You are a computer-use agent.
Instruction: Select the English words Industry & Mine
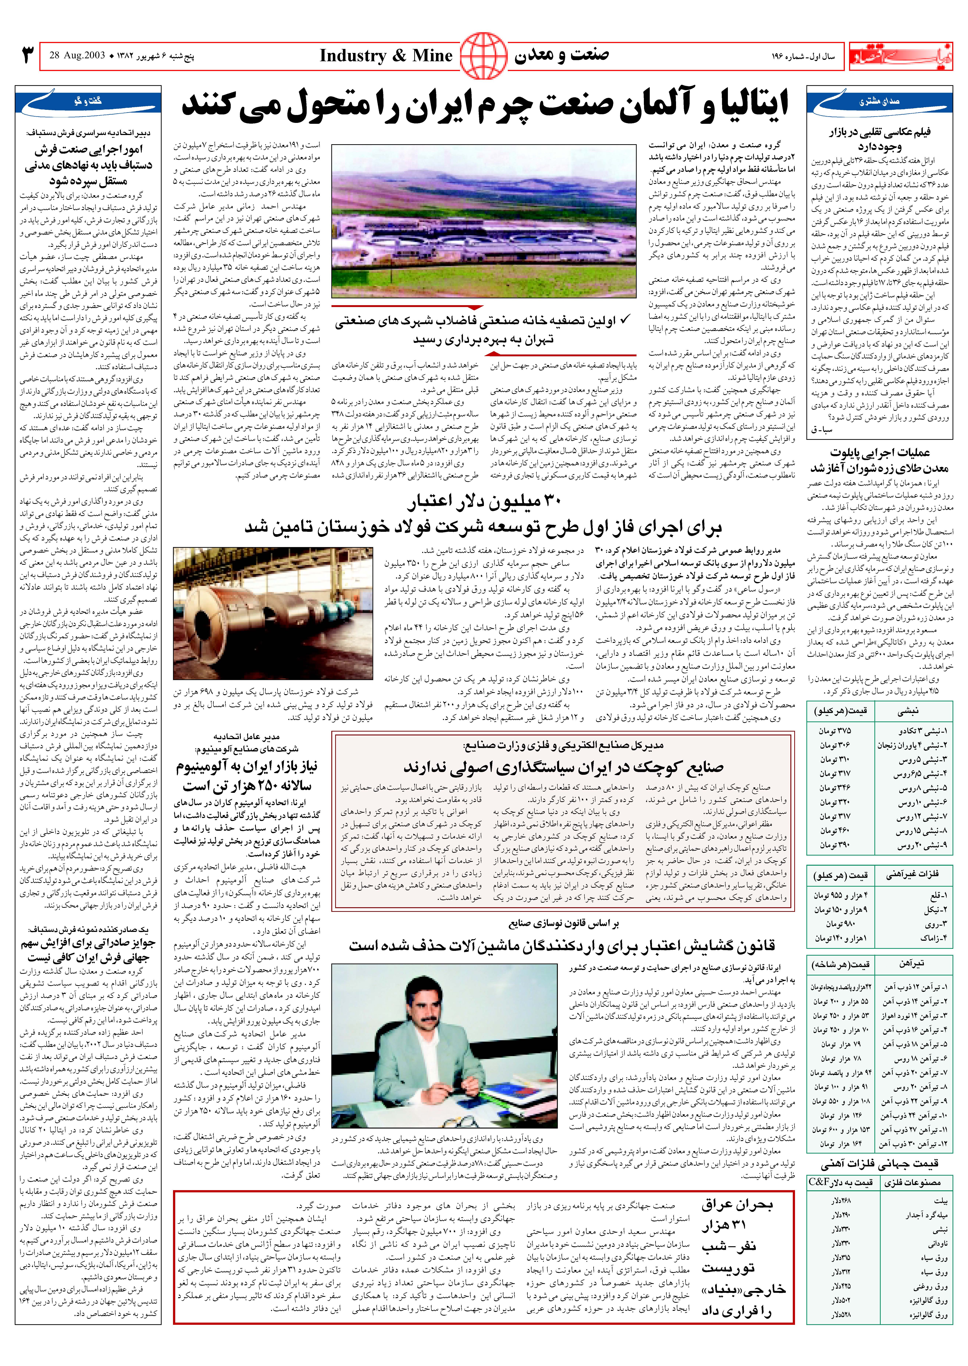(386, 56)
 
